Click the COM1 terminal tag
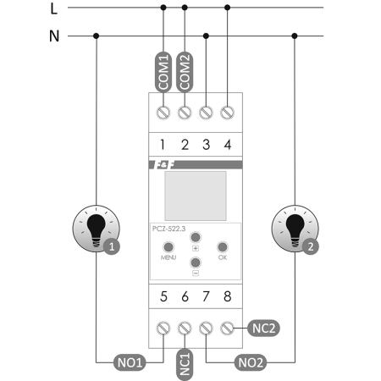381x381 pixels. coord(163,73)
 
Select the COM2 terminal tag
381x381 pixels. coord(185,73)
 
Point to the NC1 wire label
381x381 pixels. coord(185,362)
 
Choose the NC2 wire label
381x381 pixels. coord(262,326)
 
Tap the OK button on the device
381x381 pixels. coord(223,248)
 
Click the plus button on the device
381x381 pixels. coord(195,238)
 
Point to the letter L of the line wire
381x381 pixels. coord(54,9)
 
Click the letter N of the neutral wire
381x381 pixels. coord(54,36)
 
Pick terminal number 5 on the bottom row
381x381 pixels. coord(164,296)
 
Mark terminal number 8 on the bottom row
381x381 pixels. coord(227,296)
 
